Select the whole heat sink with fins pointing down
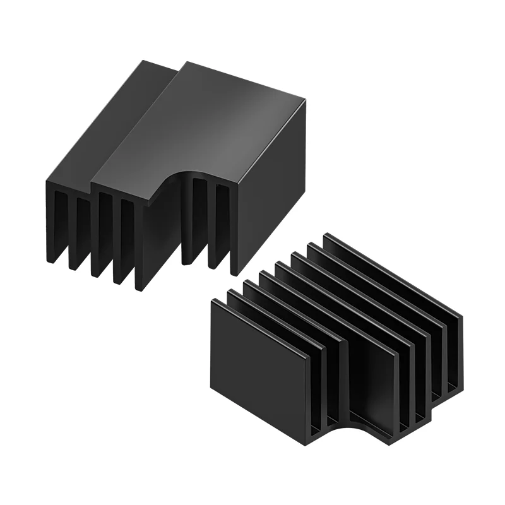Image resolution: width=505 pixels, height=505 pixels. (x=177, y=170)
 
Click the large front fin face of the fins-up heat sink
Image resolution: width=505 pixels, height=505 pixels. (x=259, y=372)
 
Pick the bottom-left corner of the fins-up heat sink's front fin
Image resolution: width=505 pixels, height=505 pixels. (x=212, y=389)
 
